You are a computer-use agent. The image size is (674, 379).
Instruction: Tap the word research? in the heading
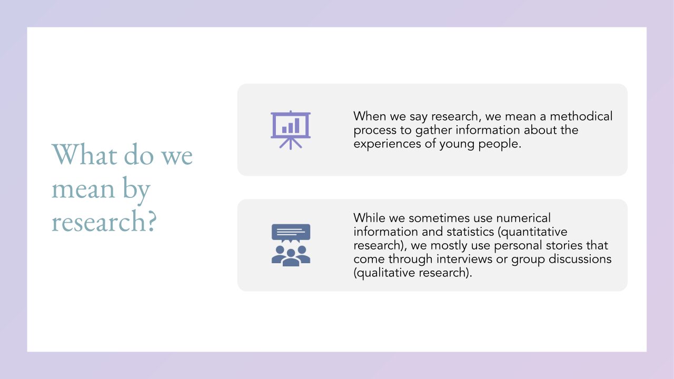coord(104,221)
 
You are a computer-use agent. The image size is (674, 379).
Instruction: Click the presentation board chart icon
coord(291,130)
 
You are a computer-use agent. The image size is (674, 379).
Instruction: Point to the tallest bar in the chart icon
coord(297,125)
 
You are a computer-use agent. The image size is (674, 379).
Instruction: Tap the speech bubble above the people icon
coord(291,233)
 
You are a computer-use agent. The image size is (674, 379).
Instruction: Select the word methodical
coord(581,116)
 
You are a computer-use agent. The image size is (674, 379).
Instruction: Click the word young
coord(457,144)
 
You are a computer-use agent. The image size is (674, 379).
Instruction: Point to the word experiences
coord(387,144)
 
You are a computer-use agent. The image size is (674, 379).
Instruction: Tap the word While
coord(370,218)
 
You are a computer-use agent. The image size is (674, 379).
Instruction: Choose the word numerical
coord(523,218)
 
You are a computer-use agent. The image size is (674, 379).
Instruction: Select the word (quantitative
coord(532,232)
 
